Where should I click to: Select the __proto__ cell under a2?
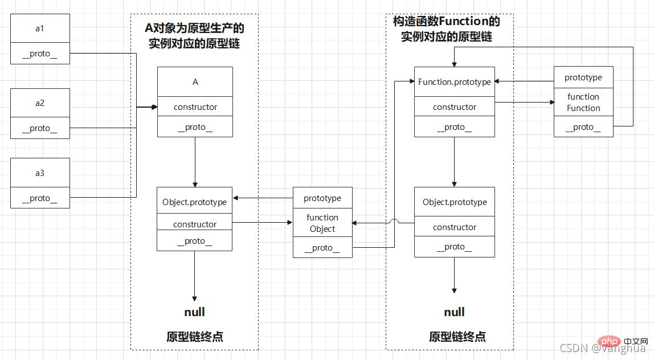[x=40, y=128]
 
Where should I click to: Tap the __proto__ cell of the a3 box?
[x=40, y=198]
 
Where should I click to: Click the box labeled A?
[x=195, y=82]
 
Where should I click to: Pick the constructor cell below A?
[x=195, y=107]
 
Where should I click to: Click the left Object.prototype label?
[x=194, y=202]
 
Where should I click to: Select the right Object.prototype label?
[x=455, y=202]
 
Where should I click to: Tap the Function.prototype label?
[x=454, y=82]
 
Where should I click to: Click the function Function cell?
[x=583, y=103]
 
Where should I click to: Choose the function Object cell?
[x=322, y=223]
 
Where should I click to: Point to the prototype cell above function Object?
[x=322, y=198]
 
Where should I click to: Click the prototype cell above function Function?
[x=583, y=77]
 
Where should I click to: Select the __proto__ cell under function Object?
[x=322, y=248]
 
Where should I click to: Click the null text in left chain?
[x=194, y=312]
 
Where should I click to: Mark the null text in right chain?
[x=454, y=312]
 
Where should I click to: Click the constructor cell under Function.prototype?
[x=454, y=107]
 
